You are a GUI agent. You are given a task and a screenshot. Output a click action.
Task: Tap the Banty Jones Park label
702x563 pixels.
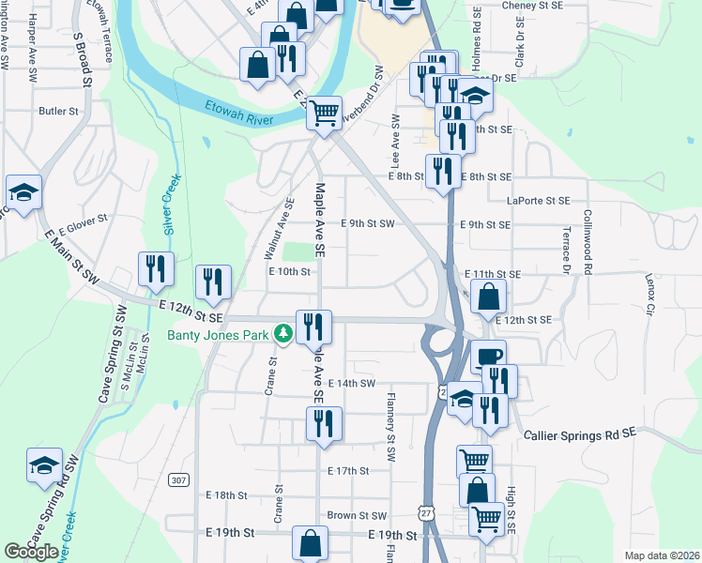pyautogui.click(x=220, y=333)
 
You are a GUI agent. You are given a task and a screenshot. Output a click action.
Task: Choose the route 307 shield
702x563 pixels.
pyautogui.click(x=178, y=479)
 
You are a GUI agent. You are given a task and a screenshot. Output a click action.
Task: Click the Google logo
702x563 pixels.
pyautogui.click(x=31, y=552)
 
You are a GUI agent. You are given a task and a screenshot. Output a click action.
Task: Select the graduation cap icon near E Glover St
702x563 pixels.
pyautogui.click(x=23, y=191)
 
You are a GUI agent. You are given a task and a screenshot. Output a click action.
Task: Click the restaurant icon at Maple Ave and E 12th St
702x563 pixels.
pyautogui.click(x=313, y=326)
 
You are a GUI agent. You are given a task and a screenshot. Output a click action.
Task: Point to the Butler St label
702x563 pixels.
pyautogui.click(x=58, y=111)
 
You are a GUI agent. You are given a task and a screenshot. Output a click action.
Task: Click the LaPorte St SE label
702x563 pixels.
pyautogui.click(x=538, y=201)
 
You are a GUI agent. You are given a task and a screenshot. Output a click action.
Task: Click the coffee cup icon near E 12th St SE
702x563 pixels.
pyautogui.click(x=488, y=356)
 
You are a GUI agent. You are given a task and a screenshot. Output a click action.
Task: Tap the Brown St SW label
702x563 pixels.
pyautogui.click(x=357, y=515)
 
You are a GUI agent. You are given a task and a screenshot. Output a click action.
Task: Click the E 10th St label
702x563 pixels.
pyautogui.click(x=289, y=271)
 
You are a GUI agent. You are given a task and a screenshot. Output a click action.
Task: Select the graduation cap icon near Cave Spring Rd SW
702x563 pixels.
pyautogui.click(x=43, y=466)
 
